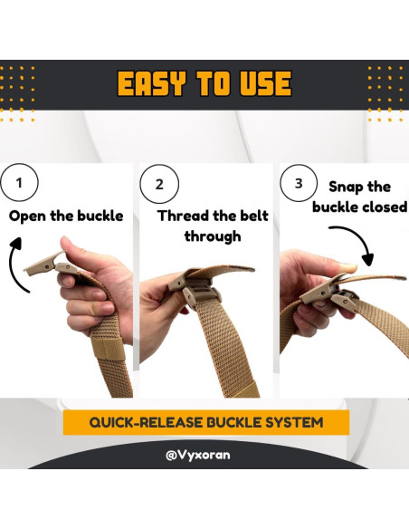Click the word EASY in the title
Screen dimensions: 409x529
(152, 83)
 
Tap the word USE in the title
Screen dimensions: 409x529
(265, 83)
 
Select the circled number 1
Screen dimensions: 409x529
(19, 182)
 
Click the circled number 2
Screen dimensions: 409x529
(159, 184)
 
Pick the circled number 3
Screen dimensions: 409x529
(299, 183)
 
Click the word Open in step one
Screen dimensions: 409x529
(28, 216)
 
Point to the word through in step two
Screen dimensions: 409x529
(213, 236)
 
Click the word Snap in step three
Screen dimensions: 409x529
(346, 187)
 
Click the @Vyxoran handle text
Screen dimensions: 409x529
(198, 455)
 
